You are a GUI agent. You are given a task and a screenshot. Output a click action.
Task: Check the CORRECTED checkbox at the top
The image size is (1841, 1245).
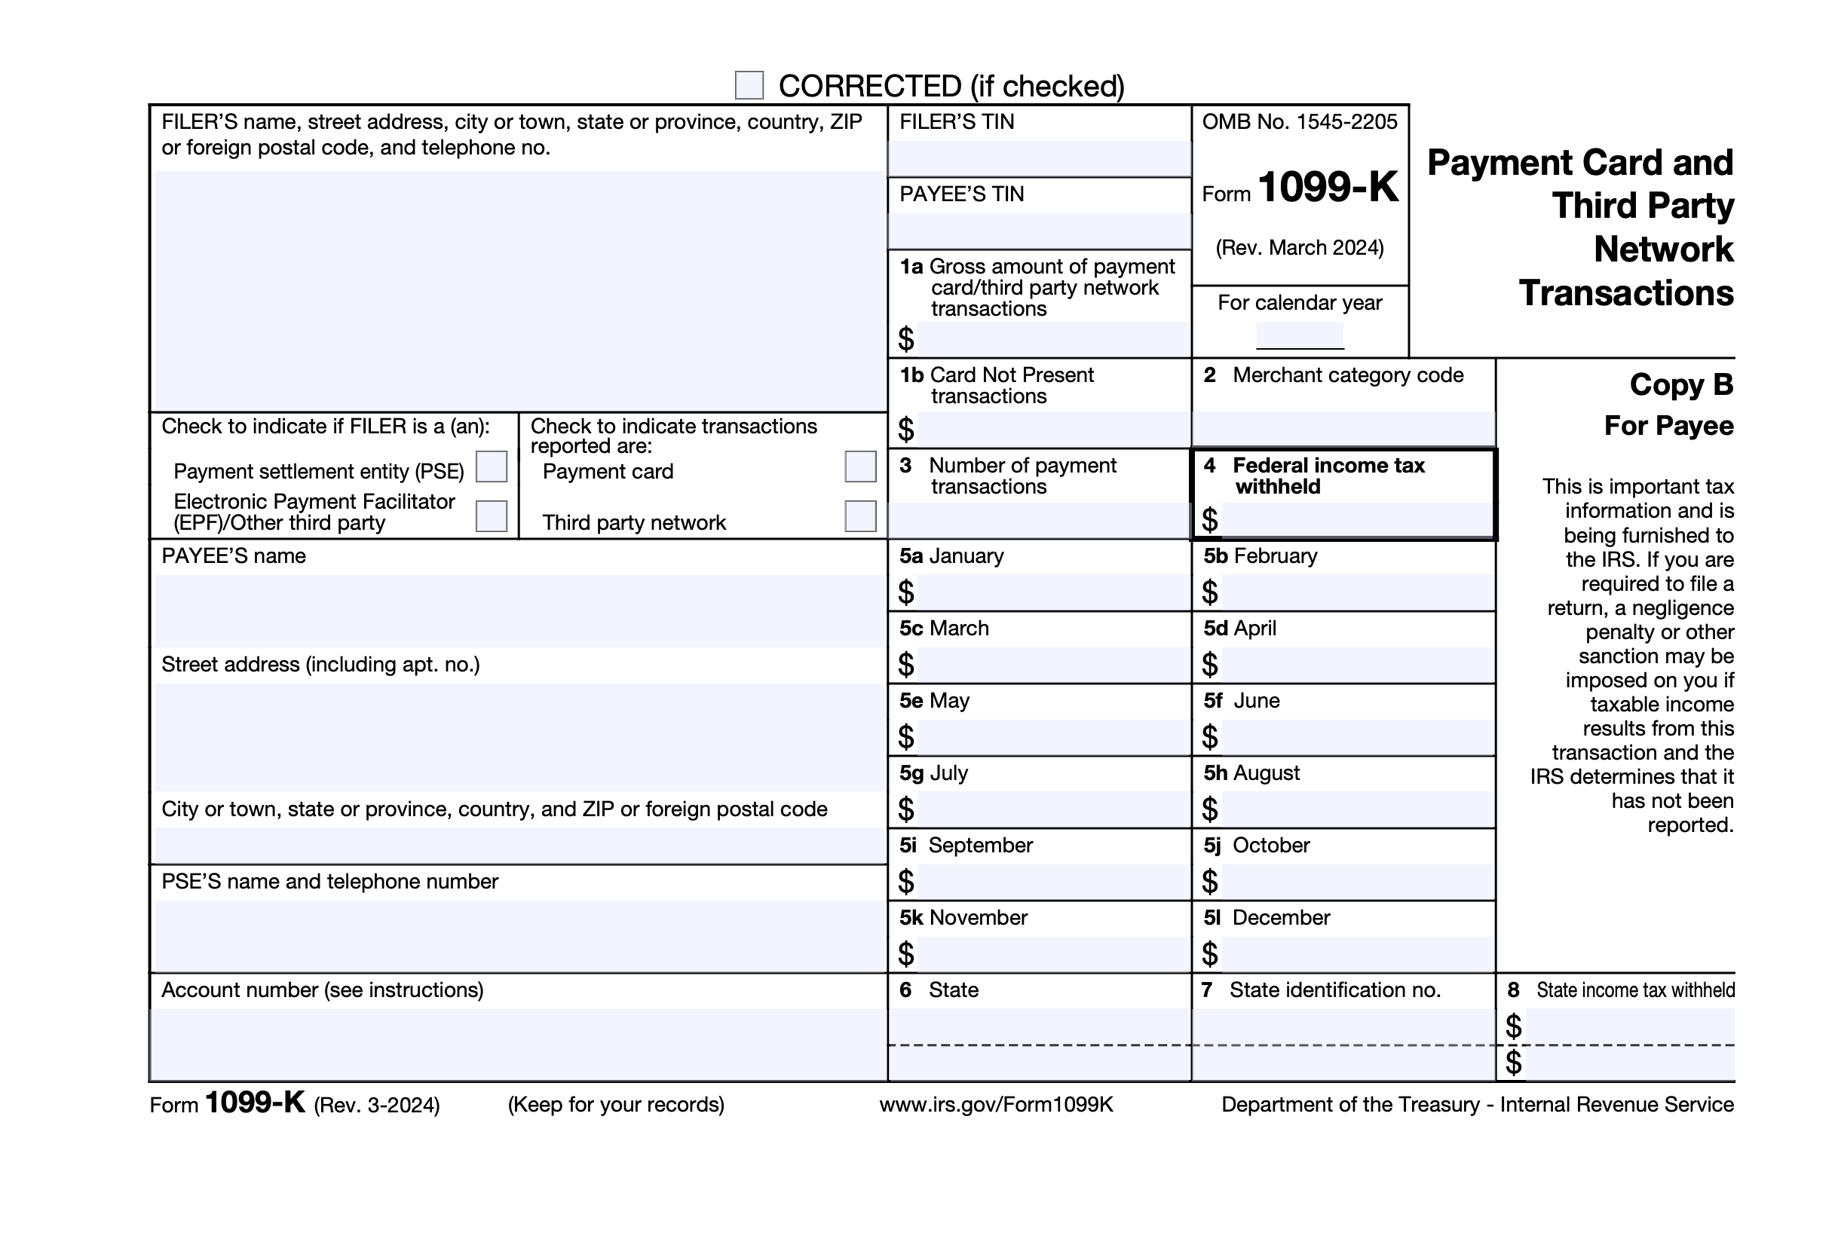749,84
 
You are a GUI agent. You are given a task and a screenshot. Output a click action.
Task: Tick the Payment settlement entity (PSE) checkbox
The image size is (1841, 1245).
491,466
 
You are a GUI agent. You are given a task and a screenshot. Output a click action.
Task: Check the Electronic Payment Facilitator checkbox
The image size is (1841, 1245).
491,516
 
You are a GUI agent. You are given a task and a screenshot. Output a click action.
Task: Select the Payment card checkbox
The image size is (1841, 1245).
860,466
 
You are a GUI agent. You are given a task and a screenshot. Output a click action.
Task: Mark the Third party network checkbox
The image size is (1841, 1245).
860,516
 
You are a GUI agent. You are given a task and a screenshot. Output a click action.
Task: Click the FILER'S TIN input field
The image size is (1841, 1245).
1040,158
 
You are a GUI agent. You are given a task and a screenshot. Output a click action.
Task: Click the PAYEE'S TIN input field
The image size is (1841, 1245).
1040,231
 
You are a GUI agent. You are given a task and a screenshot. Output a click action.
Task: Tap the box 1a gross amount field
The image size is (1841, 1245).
1052,339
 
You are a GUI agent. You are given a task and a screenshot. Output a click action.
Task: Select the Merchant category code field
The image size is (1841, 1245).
1343,429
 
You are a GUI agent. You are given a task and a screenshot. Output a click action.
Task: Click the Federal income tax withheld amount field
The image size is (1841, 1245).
1355,519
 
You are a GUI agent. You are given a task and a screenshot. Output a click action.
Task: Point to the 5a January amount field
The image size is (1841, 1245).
1052,592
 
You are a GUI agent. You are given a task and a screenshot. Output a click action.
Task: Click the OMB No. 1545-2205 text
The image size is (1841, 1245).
1300,122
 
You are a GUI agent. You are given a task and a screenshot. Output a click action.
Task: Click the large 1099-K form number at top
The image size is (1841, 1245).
1328,187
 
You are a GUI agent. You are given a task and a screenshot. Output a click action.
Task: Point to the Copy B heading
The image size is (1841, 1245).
1681,385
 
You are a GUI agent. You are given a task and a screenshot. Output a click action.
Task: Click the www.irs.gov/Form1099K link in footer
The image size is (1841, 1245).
996,1105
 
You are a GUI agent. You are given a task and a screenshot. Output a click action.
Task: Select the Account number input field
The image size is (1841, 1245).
519,1044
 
